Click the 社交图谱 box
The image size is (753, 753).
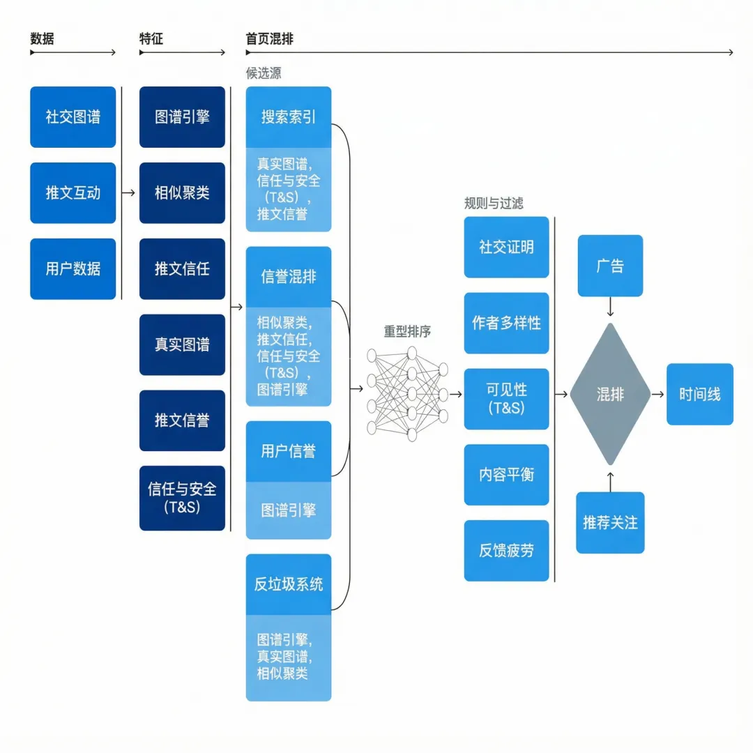(73, 116)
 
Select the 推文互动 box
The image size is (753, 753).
(73, 192)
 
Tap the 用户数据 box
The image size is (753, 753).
(73, 268)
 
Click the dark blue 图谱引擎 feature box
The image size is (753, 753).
(182, 116)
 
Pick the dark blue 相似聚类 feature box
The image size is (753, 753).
(182, 192)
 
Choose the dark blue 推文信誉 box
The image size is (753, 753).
(182, 420)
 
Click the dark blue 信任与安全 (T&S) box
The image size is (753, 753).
(182, 498)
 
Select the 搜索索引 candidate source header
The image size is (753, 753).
(289, 117)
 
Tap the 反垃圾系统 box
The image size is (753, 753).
(289, 584)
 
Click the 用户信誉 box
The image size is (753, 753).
(289, 451)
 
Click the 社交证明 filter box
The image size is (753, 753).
(506, 247)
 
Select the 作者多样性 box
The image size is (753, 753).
(506, 323)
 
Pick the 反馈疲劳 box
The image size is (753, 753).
(506, 550)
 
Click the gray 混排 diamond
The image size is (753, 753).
(610, 394)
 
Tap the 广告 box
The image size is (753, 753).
(610, 266)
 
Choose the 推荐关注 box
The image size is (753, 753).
(610, 522)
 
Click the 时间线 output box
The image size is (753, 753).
(699, 394)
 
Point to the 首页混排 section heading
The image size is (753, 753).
(269, 39)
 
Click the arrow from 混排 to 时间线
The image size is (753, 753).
(658, 394)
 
